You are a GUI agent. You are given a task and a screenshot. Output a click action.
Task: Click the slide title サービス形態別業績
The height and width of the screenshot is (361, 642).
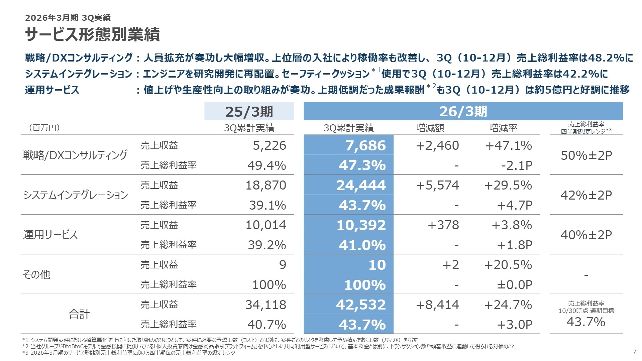pyautogui.click(x=92, y=34)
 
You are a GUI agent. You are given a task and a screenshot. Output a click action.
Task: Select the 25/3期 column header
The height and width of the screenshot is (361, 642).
pyautogui.click(x=249, y=111)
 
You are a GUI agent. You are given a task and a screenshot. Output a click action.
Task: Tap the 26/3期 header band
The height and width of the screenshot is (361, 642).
pyautogui.click(x=463, y=111)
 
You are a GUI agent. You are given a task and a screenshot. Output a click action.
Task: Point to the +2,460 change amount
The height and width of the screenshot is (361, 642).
pyautogui.click(x=437, y=145)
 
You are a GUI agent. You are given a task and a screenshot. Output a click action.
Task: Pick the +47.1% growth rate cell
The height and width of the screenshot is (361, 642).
pyautogui.click(x=508, y=145)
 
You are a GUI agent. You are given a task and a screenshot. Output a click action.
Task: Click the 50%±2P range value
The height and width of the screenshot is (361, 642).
pyautogui.click(x=586, y=155)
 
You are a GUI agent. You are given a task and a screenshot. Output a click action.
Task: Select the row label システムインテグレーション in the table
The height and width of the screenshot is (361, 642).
pyautogui.click(x=76, y=195)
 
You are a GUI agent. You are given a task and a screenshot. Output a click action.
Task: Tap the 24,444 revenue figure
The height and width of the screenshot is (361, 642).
pyautogui.click(x=361, y=185)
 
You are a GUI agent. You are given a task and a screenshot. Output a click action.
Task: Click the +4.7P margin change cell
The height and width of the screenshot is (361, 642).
pyautogui.click(x=514, y=205)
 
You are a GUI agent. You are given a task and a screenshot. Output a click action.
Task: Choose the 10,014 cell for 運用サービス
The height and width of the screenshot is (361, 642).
pyautogui.click(x=266, y=225)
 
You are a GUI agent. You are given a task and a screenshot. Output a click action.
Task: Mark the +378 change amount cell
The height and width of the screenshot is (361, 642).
pyautogui.click(x=443, y=225)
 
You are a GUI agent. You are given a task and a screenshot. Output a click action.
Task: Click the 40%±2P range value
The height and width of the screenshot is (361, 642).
pyautogui.click(x=586, y=235)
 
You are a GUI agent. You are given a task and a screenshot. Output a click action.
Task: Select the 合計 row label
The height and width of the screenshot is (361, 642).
pyautogui.click(x=79, y=314)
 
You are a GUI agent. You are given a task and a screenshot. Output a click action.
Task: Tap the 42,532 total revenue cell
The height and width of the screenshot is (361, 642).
pyautogui.click(x=361, y=305)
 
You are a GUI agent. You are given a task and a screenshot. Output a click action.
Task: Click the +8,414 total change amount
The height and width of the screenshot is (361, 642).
pyautogui.click(x=437, y=305)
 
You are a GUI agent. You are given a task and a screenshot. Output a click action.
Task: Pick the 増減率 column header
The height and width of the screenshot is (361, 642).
pyautogui.click(x=503, y=128)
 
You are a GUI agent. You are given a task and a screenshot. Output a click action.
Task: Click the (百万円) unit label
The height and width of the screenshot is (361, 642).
pyautogui.click(x=44, y=128)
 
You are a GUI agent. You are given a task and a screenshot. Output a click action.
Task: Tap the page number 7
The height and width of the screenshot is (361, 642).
pyautogui.click(x=635, y=351)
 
